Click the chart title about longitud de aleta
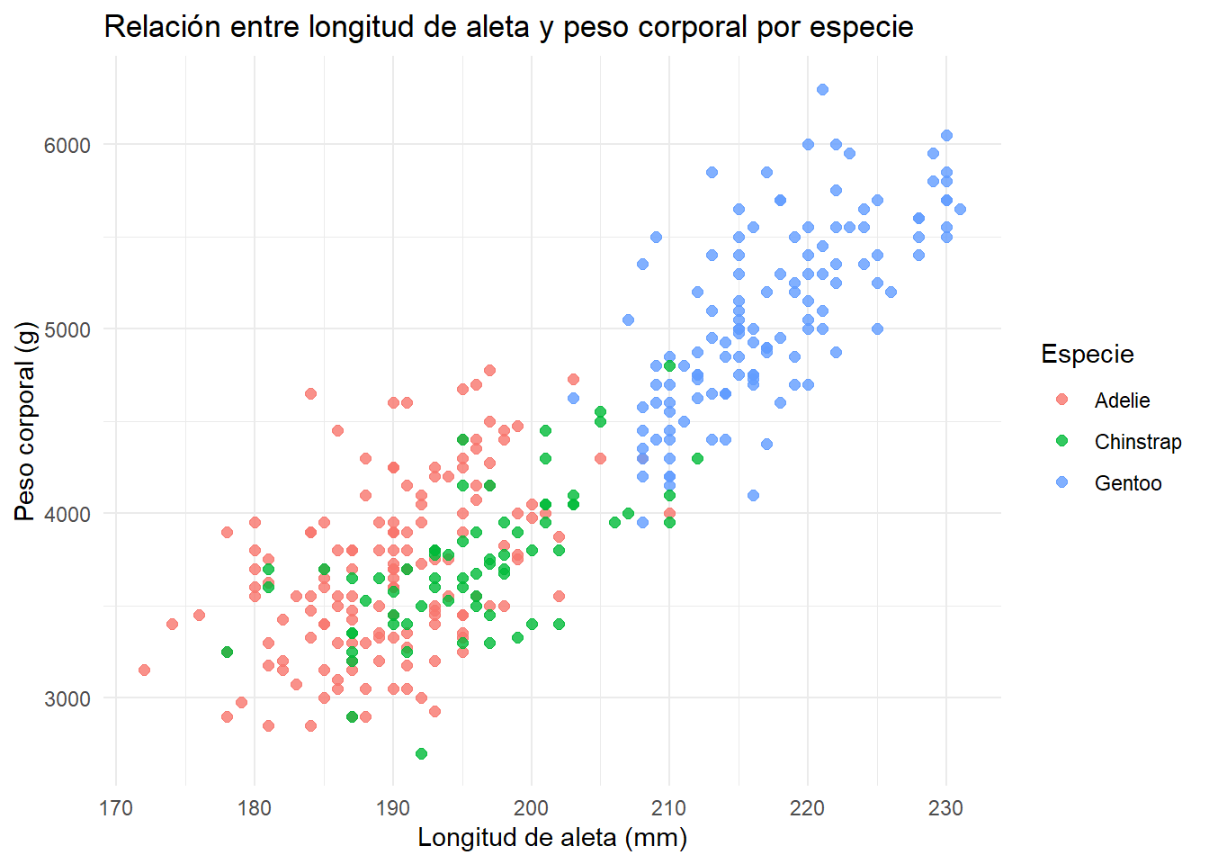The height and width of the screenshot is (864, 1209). [x=508, y=27]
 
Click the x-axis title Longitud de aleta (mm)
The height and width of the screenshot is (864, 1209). [x=552, y=838]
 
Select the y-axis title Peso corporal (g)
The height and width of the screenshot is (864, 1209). [x=24, y=421]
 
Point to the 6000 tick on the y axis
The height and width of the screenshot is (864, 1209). [x=67, y=145]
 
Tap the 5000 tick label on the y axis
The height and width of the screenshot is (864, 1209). [x=67, y=329]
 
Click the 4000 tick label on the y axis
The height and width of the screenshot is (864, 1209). [x=67, y=514]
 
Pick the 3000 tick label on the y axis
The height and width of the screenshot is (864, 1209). [x=67, y=698]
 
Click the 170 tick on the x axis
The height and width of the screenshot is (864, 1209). [x=116, y=808]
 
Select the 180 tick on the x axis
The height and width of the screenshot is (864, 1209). [x=255, y=808]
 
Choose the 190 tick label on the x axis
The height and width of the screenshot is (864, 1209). [x=393, y=808]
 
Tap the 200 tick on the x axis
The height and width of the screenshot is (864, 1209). [x=531, y=808]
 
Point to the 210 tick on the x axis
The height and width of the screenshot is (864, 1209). [x=669, y=808]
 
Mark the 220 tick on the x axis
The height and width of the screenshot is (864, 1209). [x=808, y=808]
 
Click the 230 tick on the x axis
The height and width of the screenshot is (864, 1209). [x=946, y=808]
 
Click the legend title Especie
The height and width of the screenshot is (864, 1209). [x=1087, y=355]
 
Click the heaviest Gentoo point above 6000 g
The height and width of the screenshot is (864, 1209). [x=822, y=89]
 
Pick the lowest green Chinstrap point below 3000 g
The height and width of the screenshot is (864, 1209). [x=421, y=753]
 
